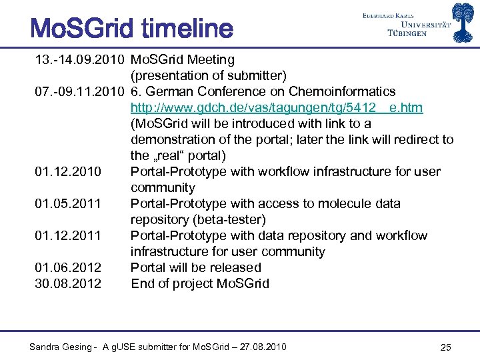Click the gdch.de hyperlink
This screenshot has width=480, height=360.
276,108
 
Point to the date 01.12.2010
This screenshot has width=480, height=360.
68,172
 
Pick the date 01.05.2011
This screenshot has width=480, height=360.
68,204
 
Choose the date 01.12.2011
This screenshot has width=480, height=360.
68,236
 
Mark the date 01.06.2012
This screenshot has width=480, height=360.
68,268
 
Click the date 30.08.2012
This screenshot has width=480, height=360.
68,284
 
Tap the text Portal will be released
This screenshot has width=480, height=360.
195,268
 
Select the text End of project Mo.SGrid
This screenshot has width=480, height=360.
199,284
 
